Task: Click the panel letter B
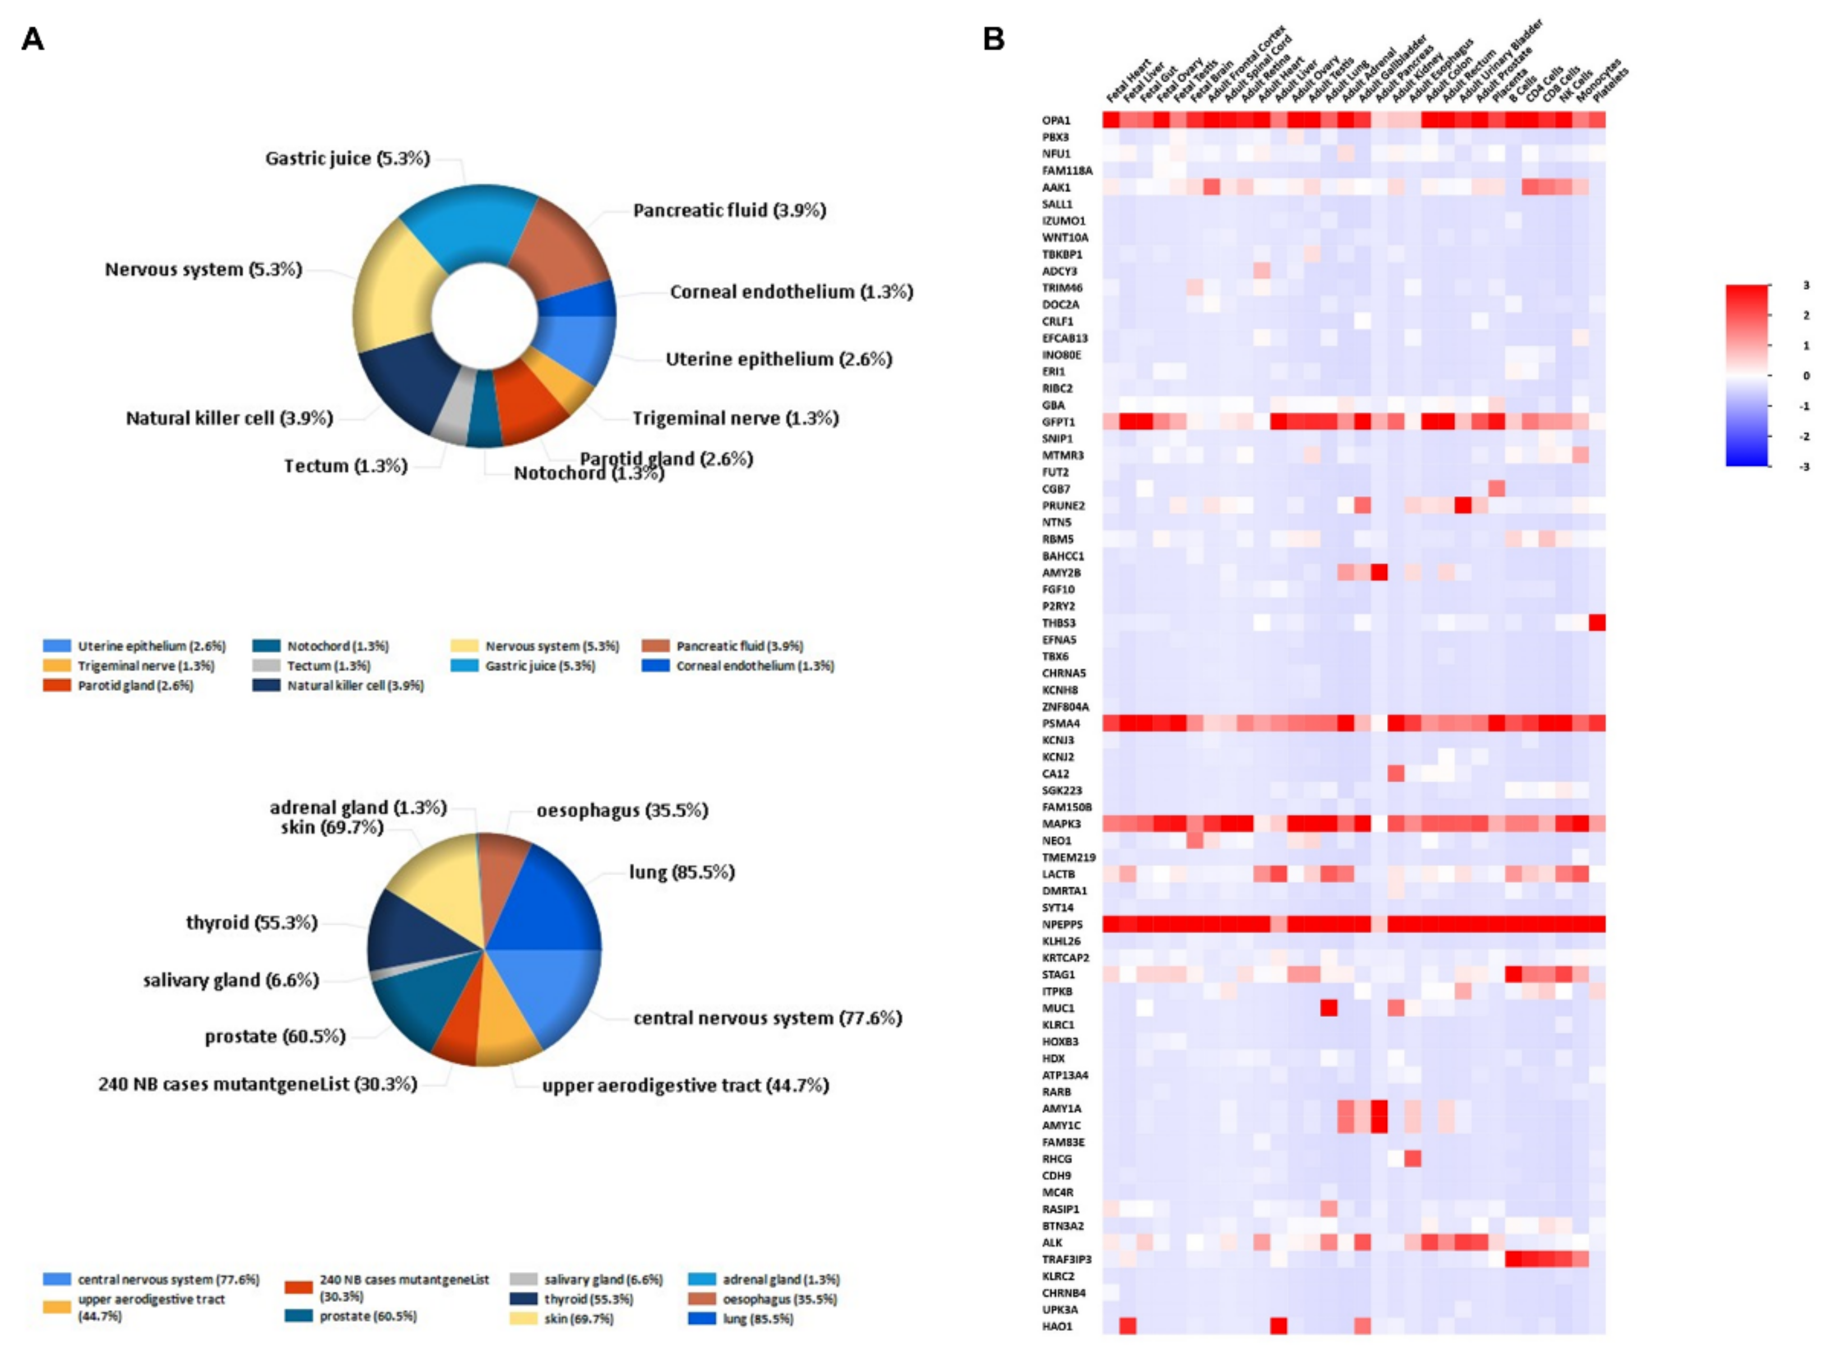[993, 39]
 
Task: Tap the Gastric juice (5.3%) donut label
[347, 159]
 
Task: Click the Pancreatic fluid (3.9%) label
[729, 211]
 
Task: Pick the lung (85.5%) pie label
[681, 872]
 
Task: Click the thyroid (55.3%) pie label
[251, 923]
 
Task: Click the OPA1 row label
[1056, 120]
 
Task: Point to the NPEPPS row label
[1061, 925]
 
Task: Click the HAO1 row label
[1056, 1326]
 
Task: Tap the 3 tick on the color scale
[1806, 286]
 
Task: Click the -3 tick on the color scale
[1804, 467]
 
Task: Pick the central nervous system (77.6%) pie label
[767, 1019]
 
